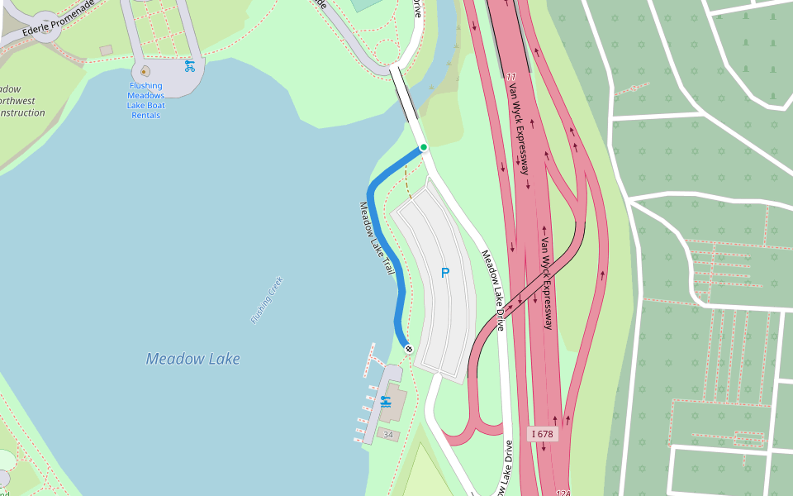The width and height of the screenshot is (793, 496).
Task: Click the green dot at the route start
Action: click(424, 147)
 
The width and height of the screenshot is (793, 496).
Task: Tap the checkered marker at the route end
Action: click(408, 349)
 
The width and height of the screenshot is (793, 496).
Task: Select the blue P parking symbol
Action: click(445, 272)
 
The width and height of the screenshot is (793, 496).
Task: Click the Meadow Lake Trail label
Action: click(377, 239)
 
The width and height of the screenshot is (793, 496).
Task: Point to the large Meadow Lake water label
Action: click(193, 359)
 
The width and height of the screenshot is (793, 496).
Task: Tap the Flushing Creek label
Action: click(267, 300)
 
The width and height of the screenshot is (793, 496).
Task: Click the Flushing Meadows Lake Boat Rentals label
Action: click(145, 100)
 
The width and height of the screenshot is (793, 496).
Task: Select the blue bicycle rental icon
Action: click(190, 66)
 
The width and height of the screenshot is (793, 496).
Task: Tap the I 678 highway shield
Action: click(543, 434)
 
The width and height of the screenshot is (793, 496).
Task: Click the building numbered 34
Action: click(388, 434)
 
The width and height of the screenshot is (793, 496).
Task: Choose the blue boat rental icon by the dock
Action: click(385, 402)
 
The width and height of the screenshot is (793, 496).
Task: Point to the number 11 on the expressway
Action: click(511, 77)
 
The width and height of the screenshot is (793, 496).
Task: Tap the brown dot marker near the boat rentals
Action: click(145, 71)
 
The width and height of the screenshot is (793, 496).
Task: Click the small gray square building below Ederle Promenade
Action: click(106, 50)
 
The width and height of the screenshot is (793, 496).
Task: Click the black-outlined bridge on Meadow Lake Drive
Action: click(406, 94)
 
